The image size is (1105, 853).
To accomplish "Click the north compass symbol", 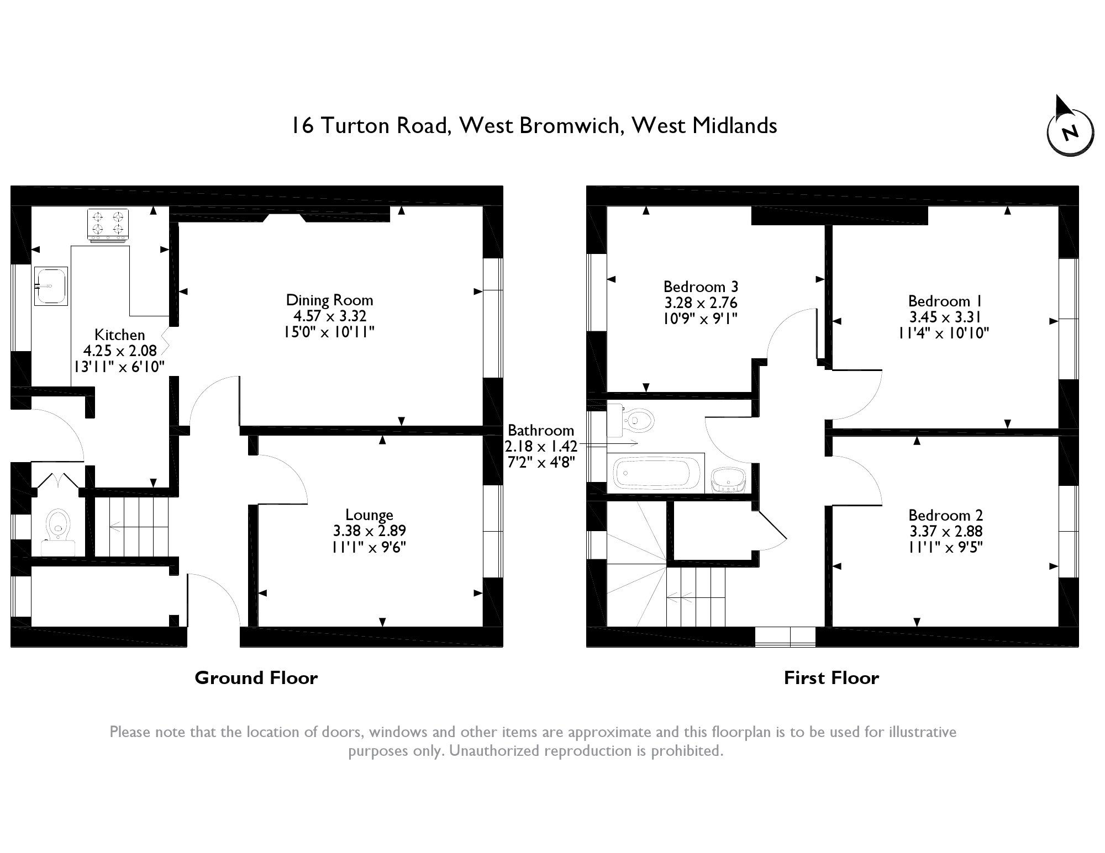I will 1070,133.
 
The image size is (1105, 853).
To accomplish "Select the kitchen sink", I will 50,286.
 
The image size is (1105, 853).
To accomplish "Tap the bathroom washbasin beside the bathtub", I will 728,479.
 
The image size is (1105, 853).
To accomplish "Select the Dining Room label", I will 329,300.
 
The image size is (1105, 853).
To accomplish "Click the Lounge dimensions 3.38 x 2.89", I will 369,531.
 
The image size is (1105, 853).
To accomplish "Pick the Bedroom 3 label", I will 701,287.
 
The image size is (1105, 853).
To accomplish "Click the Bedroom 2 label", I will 945,515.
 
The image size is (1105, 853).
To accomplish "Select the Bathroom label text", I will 540,430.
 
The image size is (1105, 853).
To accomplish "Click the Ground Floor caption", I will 256,678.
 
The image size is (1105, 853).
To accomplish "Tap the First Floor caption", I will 831,678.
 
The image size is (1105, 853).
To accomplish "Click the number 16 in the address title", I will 302,126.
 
